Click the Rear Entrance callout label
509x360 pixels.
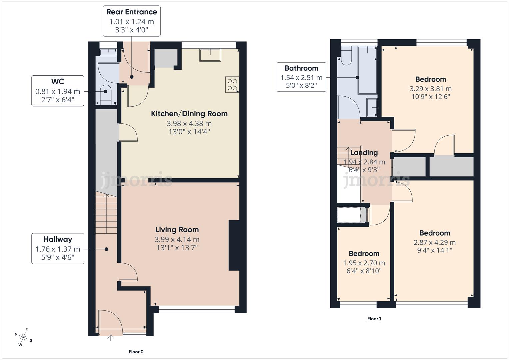pyautogui.click(x=131, y=21)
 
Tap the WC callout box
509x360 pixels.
pyautogui.click(x=58, y=91)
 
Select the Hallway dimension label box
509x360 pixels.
pyautogui.click(x=58, y=248)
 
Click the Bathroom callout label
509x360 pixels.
pyautogui.click(x=301, y=77)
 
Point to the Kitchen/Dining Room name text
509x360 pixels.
pyautogui.click(x=189, y=114)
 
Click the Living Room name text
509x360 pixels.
pyautogui.click(x=177, y=230)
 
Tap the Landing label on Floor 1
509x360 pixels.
pyautogui.click(x=364, y=153)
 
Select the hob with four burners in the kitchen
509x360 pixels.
pyautogui.click(x=232, y=85)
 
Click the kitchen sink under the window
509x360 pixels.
pyautogui.click(x=210, y=55)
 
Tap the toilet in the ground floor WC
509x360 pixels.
pyautogui.click(x=106, y=93)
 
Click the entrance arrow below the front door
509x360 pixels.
pyautogui.click(x=110, y=339)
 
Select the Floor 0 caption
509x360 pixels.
pyautogui.click(x=136, y=352)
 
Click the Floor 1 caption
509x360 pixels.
pyautogui.click(x=374, y=319)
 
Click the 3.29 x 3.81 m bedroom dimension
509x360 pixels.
pyautogui.click(x=430, y=89)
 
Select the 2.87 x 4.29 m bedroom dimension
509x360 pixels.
pyautogui.click(x=434, y=243)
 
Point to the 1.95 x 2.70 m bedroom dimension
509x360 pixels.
pyautogui.click(x=364, y=263)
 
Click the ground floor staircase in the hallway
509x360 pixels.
pyautogui.click(x=106, y=213)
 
